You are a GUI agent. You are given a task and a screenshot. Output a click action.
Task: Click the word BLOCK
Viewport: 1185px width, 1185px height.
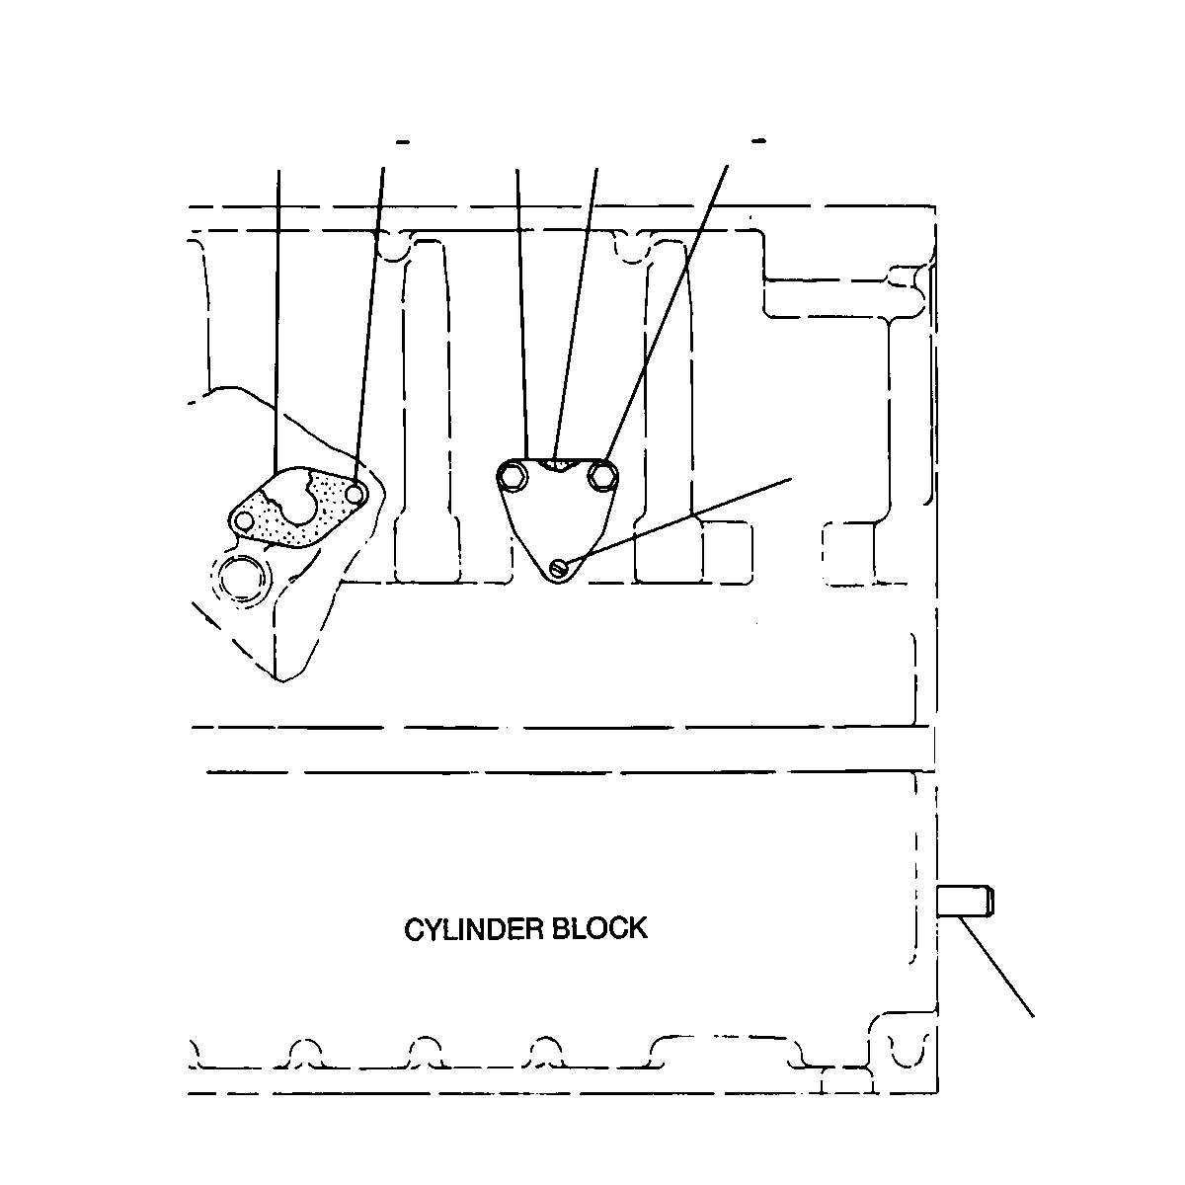[600, 927]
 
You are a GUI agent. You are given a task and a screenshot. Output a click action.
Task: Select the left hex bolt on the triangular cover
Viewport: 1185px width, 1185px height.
[512, 476]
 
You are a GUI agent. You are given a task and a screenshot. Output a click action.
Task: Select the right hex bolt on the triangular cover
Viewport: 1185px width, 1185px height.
[602, 475]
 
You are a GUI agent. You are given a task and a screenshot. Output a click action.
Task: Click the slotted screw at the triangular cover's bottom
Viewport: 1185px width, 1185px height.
[559, 567]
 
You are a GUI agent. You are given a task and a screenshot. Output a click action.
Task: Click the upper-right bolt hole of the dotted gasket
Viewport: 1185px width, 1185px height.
[355, 493]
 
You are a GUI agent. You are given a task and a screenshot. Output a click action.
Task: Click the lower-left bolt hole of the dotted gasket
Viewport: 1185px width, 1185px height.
[245, 521]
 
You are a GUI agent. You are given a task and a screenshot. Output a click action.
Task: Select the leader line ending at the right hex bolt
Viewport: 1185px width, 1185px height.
[666, 315]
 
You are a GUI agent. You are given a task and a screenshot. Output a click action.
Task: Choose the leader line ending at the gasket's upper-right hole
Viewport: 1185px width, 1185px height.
[369, 325]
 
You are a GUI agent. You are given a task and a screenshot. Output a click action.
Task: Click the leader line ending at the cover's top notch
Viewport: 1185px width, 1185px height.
[576, 313]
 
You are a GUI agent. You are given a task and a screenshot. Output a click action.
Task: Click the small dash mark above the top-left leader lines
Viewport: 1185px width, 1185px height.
[403, 142]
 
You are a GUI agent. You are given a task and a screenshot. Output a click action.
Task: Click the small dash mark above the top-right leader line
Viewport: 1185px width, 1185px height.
[759, 141]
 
